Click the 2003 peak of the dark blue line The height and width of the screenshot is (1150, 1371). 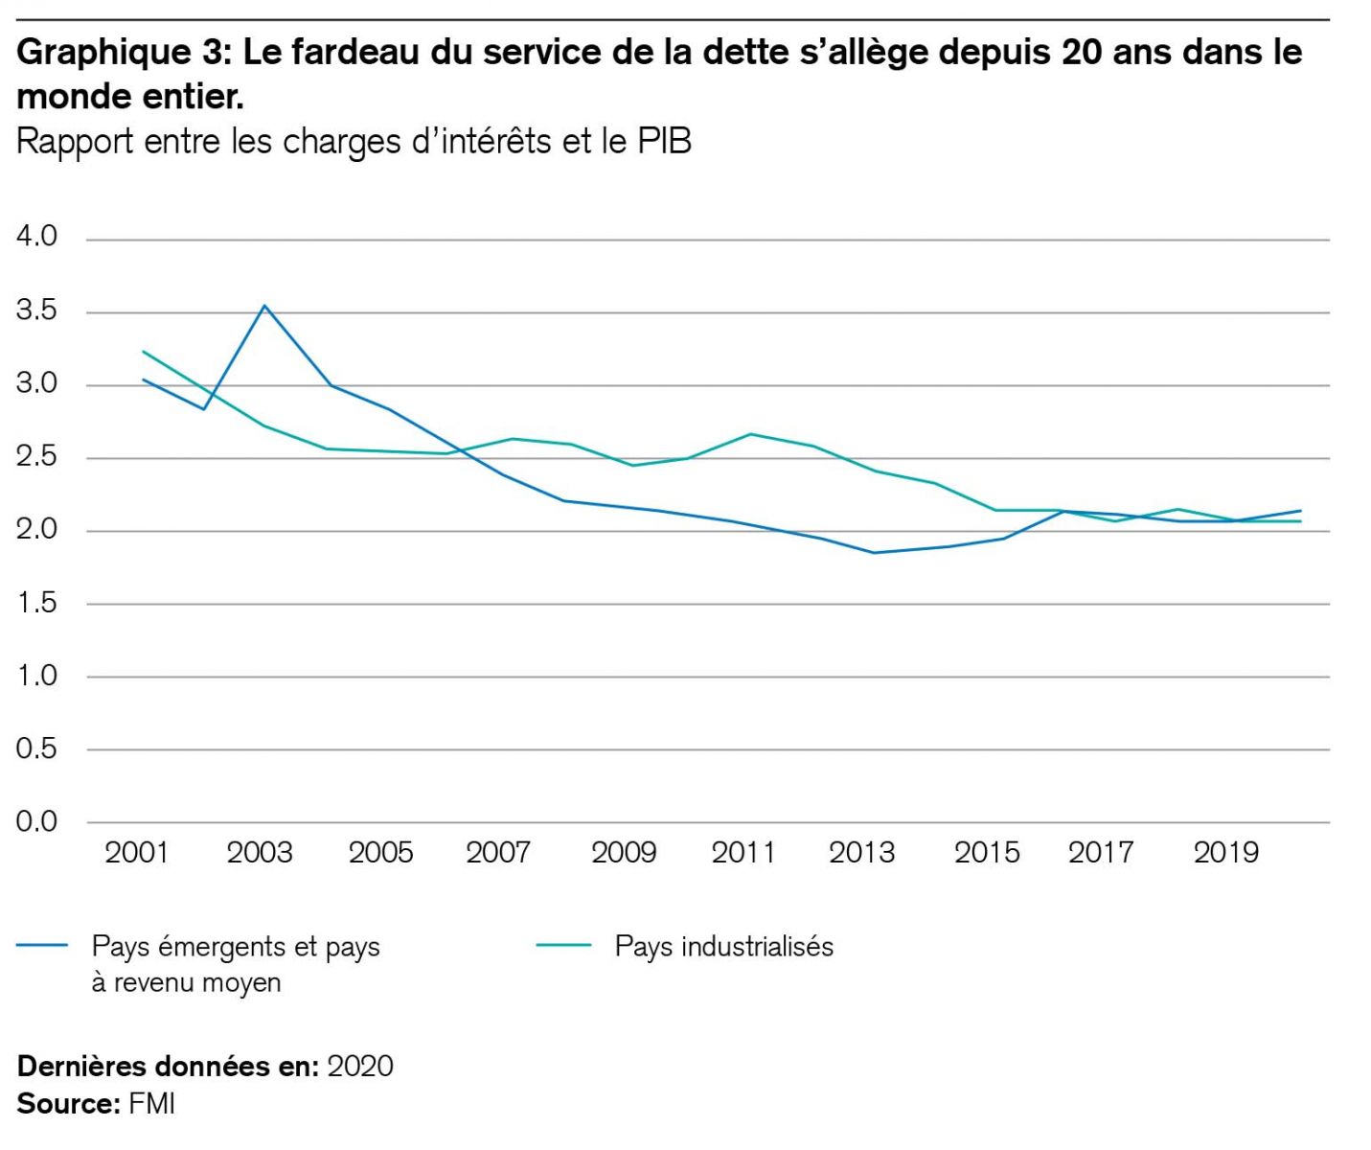[x=264, y=306]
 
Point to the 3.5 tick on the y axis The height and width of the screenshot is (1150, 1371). [x=36, y=311]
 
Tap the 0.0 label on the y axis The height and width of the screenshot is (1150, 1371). [x=36, y=822]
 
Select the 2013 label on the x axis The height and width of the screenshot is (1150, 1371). [x=861, y=853]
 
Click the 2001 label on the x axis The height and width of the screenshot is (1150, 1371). [x=136, y=853]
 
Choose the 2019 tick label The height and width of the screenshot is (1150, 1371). [x=1225, y=853]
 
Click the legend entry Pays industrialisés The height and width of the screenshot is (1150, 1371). [x=723, y=947]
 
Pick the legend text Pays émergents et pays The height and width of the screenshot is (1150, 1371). [x=236, y=947]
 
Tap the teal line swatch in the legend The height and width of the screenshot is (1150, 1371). [x=563, y=946]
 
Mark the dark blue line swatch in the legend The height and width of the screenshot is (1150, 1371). [x=42, y=946]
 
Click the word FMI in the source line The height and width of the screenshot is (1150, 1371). [x=151, y=1104]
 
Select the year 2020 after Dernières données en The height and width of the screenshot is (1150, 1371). [x=360, y=1067]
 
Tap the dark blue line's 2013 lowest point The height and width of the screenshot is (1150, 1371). [x=875, y=552]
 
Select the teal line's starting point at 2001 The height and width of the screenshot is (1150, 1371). [x=144, y=352]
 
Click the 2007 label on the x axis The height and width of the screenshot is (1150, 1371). [x=498, y=853]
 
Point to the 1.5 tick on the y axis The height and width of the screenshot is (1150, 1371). [x=36, y=604]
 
